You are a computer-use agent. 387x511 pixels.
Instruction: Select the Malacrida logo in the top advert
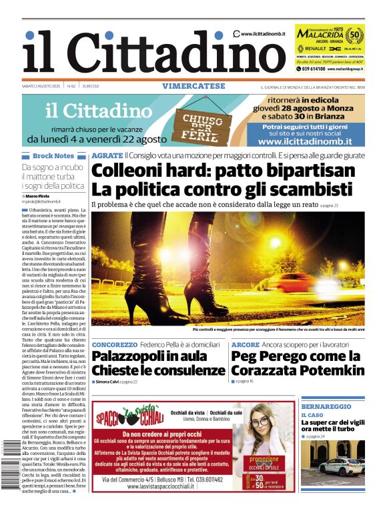pos(320,33)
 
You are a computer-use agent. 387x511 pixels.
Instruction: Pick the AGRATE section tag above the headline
pos(107,155)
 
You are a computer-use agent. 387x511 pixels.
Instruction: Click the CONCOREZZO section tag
pos(115,345)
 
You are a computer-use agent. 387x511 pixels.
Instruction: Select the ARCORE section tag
pos(245,345)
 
